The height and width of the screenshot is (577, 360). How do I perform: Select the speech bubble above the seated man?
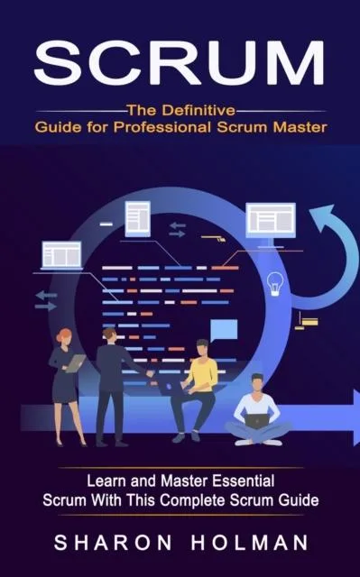224,329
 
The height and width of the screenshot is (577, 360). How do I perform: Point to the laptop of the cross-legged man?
257,420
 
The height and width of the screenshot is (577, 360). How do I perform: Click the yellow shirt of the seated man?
205,372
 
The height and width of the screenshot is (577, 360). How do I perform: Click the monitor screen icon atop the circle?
271,219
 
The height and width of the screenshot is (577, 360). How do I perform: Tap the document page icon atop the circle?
138,218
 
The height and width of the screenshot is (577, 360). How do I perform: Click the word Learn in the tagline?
104,482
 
